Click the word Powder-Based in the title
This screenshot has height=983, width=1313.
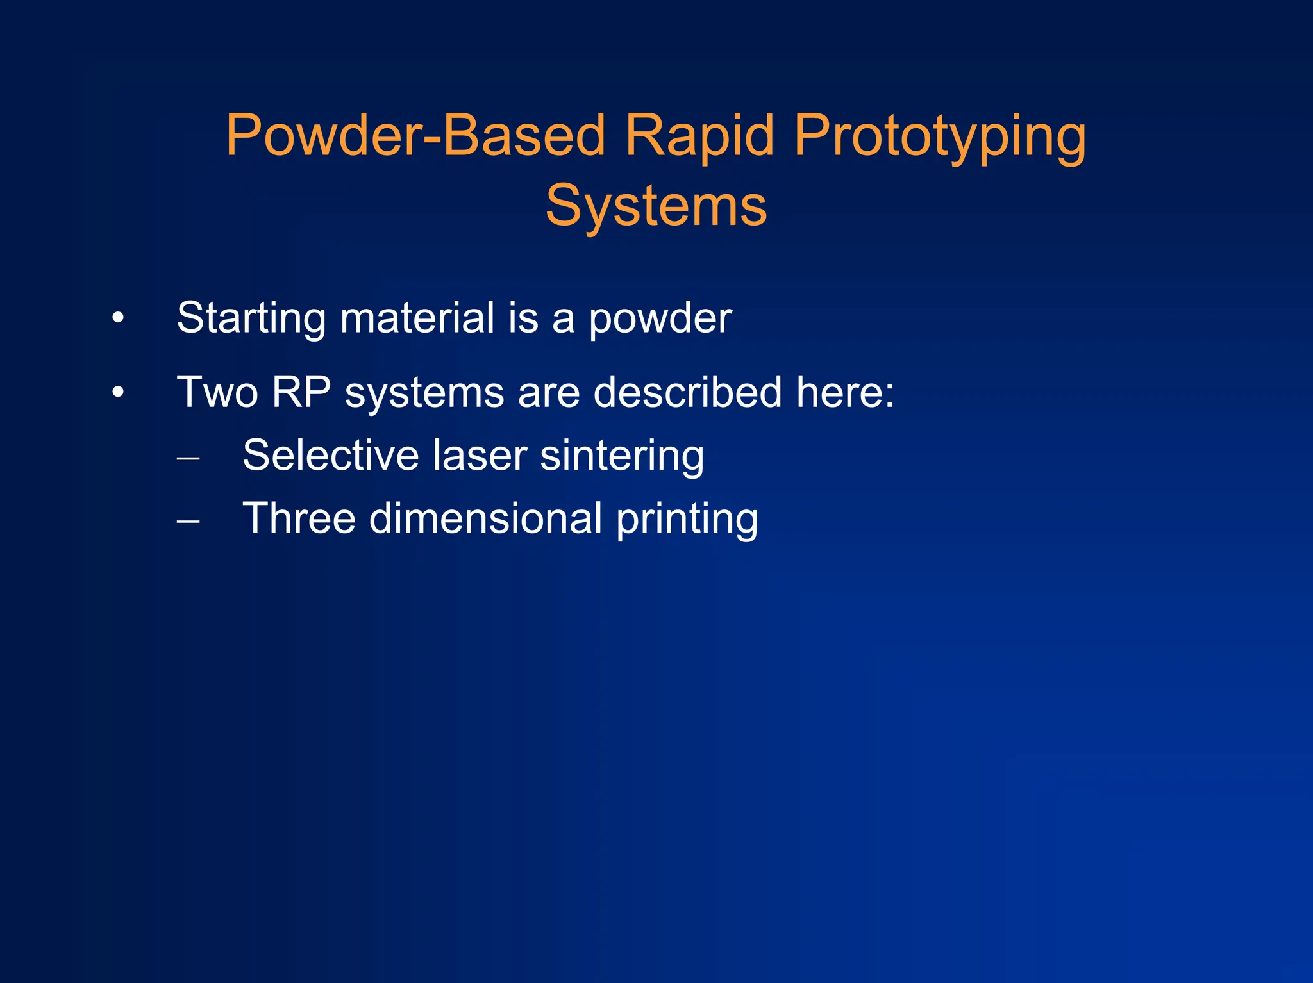415,136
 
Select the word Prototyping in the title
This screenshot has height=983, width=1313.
939,136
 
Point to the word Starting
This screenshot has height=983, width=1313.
251,318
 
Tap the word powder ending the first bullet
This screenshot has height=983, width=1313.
660,318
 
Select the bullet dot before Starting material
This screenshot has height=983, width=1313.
117,318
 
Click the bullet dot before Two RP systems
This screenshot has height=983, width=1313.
117,392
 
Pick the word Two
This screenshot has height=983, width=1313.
217,392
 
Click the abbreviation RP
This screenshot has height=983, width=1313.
301,392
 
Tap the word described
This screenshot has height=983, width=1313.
687,392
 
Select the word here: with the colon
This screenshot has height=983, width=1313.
844,392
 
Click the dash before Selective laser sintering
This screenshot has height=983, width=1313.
188,459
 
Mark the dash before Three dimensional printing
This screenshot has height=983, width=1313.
188,522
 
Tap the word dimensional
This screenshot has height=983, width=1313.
485,518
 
